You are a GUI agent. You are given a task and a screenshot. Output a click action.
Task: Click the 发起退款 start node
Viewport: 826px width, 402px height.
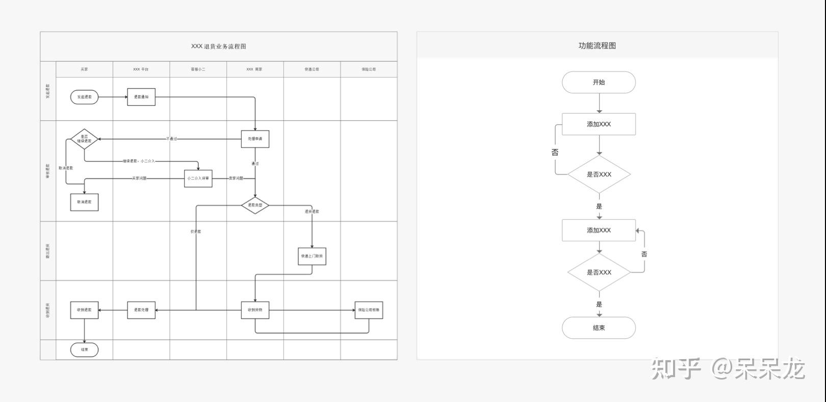(x=84, y=97)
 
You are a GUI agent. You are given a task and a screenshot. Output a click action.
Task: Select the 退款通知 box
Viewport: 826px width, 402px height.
(x=141, y=97)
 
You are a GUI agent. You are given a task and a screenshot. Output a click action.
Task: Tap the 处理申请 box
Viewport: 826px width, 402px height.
(x=255, y=139)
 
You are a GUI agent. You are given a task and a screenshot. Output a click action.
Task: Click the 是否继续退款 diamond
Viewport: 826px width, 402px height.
(x=84, y=139)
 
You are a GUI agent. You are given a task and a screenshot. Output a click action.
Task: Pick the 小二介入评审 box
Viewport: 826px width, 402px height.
(x=198, y=179)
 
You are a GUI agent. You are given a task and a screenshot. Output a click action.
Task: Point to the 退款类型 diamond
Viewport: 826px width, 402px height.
(x=255, y=205)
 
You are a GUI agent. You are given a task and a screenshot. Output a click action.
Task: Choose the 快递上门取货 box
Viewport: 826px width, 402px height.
(x=312, y=256)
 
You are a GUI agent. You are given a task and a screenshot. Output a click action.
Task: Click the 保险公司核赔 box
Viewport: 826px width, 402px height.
(x=369, y=310)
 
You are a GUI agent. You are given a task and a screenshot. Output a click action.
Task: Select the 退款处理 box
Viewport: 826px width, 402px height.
(x=141, y=310)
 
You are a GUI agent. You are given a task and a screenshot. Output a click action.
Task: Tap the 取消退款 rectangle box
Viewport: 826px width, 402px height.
(x=84, y=202)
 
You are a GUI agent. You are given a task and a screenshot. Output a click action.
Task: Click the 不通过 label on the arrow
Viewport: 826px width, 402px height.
(x=172, y=139)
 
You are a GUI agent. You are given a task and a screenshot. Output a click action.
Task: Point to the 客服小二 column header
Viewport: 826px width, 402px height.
(x=198, y=69)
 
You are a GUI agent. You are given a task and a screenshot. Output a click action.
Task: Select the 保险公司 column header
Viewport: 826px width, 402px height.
(x=369, y=69)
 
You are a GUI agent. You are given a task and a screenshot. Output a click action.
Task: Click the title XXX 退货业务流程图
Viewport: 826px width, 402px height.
(x=219, y=46)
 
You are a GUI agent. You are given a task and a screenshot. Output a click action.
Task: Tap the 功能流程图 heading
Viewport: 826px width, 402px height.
(x=597, y=45)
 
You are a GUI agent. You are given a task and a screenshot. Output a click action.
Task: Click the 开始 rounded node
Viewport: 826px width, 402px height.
(x=599, y=82)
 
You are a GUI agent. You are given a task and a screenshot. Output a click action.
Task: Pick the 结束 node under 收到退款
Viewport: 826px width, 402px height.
(x=84, y=349)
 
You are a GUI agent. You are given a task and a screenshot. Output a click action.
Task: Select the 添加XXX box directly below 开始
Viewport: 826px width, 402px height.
(x=599, y=124)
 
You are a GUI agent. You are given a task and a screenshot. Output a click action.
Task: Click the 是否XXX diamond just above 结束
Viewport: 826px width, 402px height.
(x=599, y=272)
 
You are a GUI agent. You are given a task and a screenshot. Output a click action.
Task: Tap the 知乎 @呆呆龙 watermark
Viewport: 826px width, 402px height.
(x=728, y=368)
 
